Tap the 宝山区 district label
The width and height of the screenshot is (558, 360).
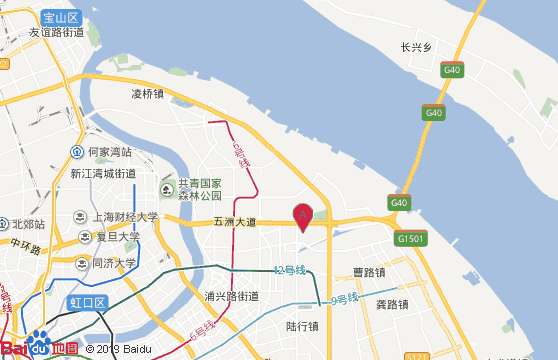61,18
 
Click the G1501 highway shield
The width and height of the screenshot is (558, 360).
410,239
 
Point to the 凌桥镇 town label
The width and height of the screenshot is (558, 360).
147,94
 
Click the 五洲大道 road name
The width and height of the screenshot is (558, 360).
235,222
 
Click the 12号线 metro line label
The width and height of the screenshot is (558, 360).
289,270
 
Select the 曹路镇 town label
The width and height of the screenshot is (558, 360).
370,272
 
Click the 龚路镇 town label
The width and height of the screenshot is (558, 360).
391,305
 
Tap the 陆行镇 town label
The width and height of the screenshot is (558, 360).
302,326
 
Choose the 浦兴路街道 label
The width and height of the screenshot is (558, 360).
231,296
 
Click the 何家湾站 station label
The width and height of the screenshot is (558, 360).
109,152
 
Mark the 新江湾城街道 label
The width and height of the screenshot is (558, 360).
103,174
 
